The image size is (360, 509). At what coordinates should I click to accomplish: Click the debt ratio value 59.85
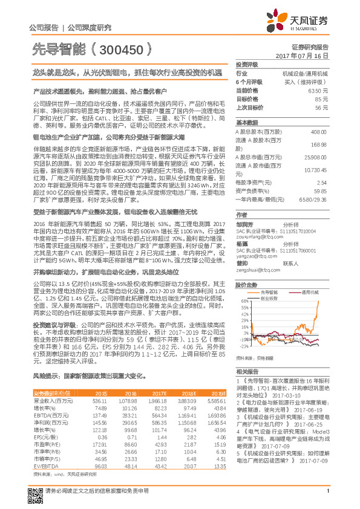321,190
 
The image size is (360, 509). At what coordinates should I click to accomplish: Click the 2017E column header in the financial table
158,393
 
